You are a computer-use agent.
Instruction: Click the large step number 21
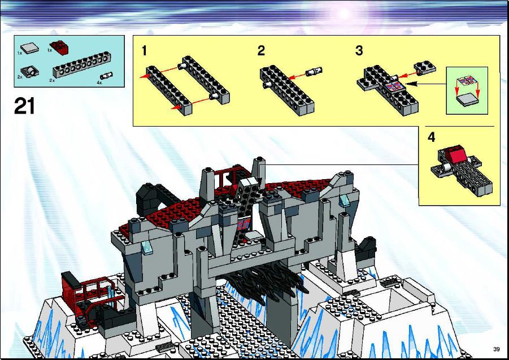click(x=24, y=106)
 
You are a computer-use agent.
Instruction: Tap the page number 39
click(x=497, y=349)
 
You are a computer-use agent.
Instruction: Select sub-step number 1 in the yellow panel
click(x=144, y=51)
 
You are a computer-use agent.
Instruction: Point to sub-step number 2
click(x=261, y=51)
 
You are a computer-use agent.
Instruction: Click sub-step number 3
click(x=359, y=51)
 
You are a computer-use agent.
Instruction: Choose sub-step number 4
click(x=431, y=137)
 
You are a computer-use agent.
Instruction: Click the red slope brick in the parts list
click(x=59, y=47)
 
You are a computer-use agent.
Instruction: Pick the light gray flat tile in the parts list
click(x=29, y=48)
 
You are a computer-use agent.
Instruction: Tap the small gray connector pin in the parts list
click(x=106, y=76)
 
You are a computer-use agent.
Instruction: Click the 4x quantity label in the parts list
click(x=99, y=83)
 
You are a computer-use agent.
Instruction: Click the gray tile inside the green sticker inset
click(x=467, y=99)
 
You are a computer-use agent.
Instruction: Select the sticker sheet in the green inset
click(x=467, y=81)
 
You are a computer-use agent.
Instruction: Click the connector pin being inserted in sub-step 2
click(x=314, y=71)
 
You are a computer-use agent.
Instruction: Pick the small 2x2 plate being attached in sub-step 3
click(x=425, y=67)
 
